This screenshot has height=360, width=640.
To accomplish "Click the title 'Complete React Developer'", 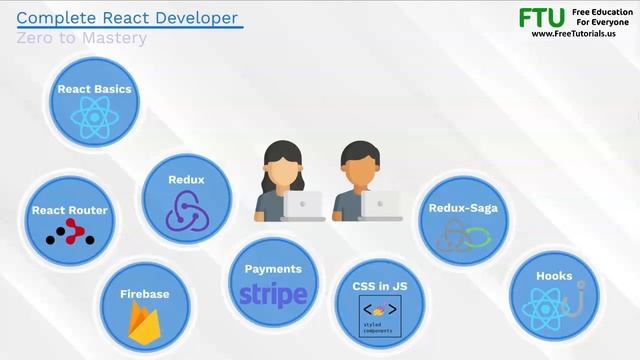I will click(128, 17).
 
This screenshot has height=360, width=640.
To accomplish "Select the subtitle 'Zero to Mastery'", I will click(81, 38).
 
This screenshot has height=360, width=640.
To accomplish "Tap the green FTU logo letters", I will click(541, 18).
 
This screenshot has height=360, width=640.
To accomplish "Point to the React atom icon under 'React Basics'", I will click(94, 118).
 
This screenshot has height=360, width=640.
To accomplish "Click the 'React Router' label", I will click(69, 210).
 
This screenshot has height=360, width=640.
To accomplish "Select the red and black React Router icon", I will click(70, 233).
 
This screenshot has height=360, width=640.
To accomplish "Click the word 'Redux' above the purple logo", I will click(186, 180).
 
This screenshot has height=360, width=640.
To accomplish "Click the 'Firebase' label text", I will click(144, 294).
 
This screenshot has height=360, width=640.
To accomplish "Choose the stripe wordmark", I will click(273, 295).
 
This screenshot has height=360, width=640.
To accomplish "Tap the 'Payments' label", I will click(273, 269).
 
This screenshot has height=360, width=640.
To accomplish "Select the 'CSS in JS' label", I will click(379, 286).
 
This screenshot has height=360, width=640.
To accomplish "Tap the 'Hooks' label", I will click(554, 274).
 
